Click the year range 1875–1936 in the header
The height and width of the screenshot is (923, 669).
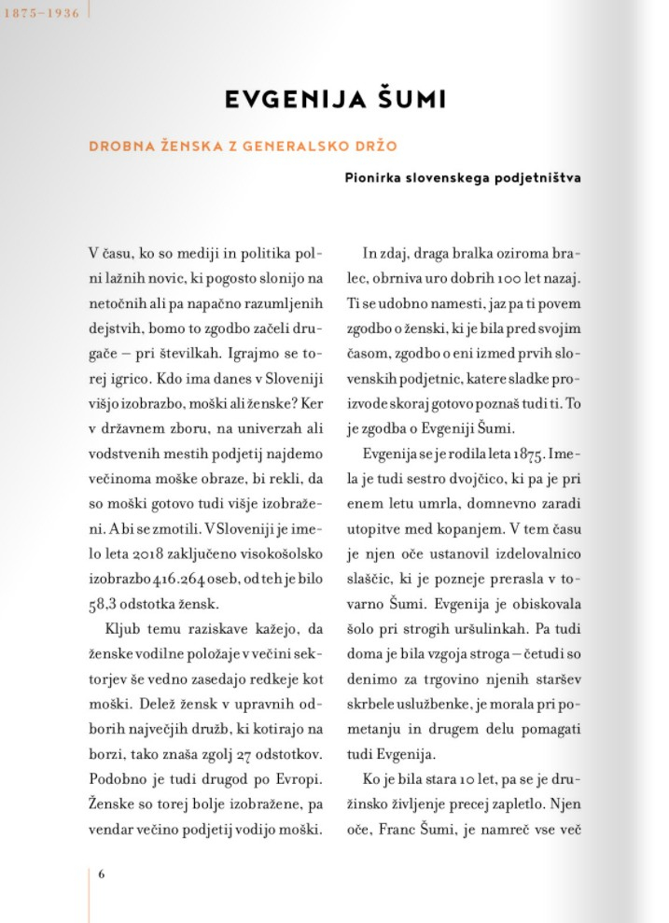click(x=41, y=14)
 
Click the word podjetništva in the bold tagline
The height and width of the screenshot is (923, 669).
click(x=536, y=177)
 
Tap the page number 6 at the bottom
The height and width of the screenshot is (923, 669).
click(x=101, y=874)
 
